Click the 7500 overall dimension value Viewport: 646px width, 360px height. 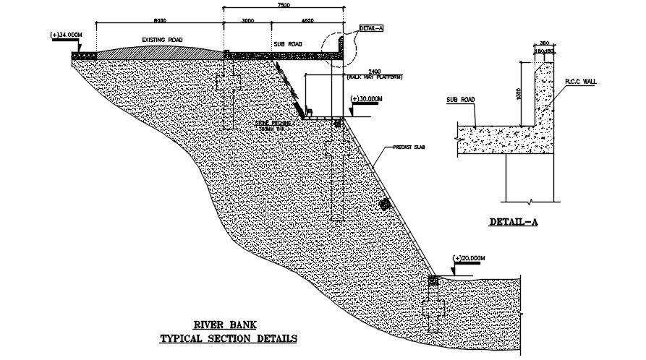(284, 5)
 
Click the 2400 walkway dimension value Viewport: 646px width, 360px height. (374, 70)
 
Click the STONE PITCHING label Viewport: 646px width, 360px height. (272, 124)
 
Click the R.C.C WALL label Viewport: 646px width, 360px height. (581, 83)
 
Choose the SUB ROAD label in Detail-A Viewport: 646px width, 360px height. (460, 100)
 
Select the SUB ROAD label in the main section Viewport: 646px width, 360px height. (286, 44)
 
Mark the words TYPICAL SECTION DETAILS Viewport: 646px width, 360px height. (227, 338)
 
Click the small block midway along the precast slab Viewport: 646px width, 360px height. (385, 205)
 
